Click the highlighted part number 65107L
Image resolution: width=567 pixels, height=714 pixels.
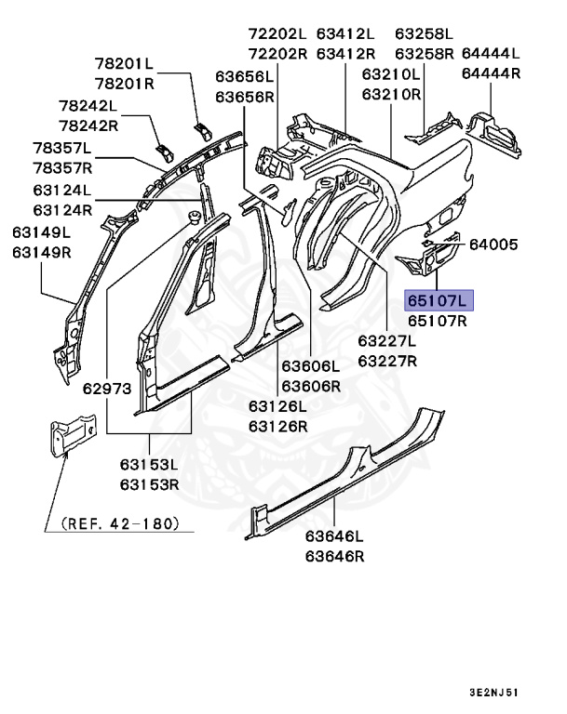438,300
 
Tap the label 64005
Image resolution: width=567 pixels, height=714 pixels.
493,245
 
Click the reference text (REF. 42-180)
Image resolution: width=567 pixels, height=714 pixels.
119,523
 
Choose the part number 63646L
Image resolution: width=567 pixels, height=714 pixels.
334,536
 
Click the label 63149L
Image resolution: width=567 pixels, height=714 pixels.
42,231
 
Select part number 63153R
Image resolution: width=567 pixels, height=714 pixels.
149,484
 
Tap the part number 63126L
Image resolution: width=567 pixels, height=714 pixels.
277,406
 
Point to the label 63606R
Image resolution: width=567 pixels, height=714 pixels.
311,386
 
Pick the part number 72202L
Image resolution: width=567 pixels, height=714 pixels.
277,33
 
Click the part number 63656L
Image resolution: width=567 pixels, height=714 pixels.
245,75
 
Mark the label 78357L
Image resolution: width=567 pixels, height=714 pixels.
62,148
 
